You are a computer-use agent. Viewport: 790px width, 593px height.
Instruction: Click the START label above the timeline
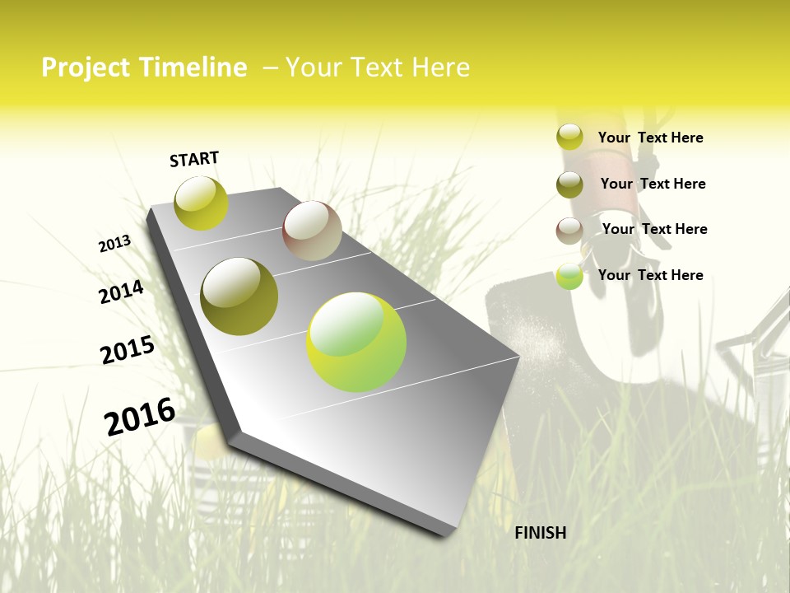(x=194, y=159)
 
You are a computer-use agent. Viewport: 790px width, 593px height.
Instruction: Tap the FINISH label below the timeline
(x=541, y=533)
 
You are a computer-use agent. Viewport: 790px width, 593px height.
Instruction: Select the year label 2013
(x=114, y=244)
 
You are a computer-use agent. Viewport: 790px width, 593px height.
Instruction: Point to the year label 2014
(x=121, y=292)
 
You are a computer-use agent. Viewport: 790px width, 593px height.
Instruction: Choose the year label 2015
(x=128, y=350)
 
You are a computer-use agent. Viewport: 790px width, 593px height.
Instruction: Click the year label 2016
(x=140, y=417)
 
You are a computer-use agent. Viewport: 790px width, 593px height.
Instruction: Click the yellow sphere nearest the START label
(x=201, y=203)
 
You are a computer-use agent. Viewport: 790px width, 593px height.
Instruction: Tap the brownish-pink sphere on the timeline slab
(x=312, y=231)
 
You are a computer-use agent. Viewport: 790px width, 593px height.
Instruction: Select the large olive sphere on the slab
(x=239, y=296)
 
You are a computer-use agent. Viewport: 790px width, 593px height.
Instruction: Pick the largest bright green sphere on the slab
(x=356, y=342)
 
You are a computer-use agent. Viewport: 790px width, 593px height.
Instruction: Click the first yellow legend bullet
(x=569, y=137)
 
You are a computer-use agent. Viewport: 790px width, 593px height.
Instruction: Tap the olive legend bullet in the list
(x=569, y=184)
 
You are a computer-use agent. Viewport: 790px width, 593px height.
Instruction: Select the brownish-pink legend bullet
(x=569, y=230)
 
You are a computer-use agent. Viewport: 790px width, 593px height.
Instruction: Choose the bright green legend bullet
(x=569, y=276)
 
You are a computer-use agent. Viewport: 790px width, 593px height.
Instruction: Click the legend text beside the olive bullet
(x=653, y=184)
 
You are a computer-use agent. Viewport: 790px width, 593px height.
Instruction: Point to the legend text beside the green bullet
(x=650, y=275)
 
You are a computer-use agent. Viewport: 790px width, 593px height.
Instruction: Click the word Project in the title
(x=86, y=68)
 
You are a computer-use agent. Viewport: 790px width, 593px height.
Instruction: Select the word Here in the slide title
(x=439, y=68)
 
